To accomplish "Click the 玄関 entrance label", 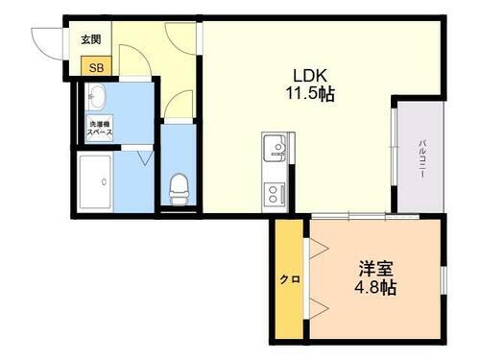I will (91, 39).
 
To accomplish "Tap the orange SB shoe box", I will (96, 66).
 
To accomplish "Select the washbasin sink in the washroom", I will (97, 97).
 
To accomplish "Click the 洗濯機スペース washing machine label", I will (101, 127).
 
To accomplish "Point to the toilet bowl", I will (179, 186).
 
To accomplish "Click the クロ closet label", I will (289, 279).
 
